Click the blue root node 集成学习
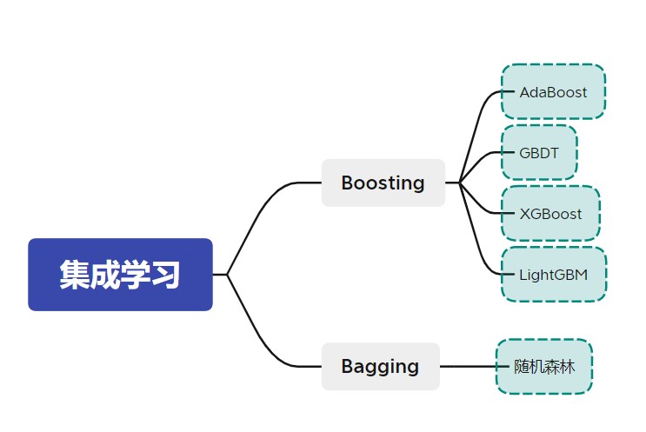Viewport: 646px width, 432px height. [x=120, y=275]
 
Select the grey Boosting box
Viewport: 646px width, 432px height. [x=383, y=183]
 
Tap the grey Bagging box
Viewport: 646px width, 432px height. [x=380, y=367]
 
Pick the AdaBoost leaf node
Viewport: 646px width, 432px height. [x=553, y=92]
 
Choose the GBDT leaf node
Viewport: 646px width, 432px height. [x=539, y=153]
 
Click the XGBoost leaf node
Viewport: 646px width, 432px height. [x=550, y=214]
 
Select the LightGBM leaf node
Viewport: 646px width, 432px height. [x=553, y=275]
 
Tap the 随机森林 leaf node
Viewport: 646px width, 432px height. [x=544, y=367]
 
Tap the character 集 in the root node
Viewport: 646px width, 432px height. [x=75, y=275]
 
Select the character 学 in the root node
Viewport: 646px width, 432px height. [x=135, y=275]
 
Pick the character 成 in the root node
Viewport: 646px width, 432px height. [x=104, y=275]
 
